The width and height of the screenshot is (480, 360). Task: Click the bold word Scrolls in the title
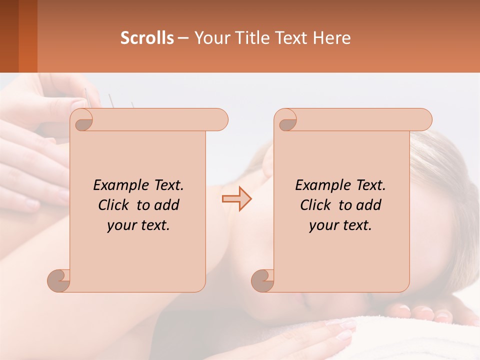click(147, 38)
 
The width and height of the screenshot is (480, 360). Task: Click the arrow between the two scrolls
click(236, 199)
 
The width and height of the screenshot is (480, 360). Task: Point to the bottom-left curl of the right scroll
click(262, 280)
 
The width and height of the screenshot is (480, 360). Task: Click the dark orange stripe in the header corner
click(27, 36)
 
